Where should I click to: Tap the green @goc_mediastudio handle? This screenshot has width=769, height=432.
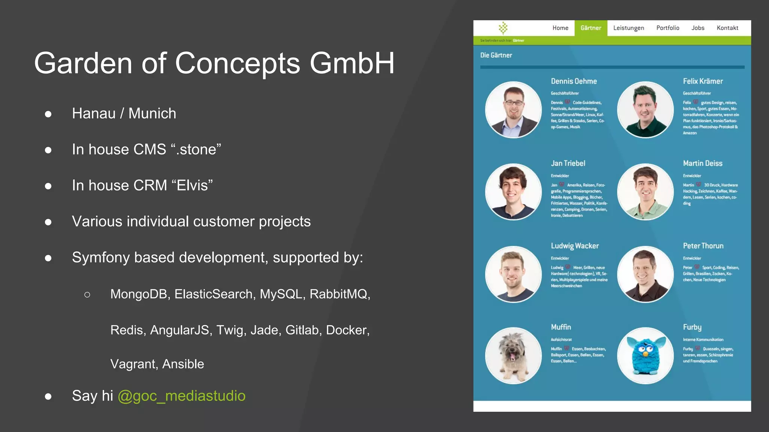(181, 396)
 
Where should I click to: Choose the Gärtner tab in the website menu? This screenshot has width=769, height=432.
(591, 28)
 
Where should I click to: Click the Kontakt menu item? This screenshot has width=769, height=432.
(727, 28)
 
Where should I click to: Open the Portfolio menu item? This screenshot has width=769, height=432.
(668, 28)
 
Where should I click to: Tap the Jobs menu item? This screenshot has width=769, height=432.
(698, 28)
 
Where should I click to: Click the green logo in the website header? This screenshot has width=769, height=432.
(503, 28)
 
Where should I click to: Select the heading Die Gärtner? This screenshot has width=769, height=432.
(496, 55)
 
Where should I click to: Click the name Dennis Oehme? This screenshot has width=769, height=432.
(574, 81)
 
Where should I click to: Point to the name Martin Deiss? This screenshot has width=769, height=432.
(703, 163)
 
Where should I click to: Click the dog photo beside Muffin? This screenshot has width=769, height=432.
(513, 355)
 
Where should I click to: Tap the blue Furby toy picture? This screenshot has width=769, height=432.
(645, 355)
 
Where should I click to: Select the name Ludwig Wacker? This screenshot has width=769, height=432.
(574, 246)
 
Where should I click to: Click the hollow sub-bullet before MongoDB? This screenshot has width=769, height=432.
(87, 295)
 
